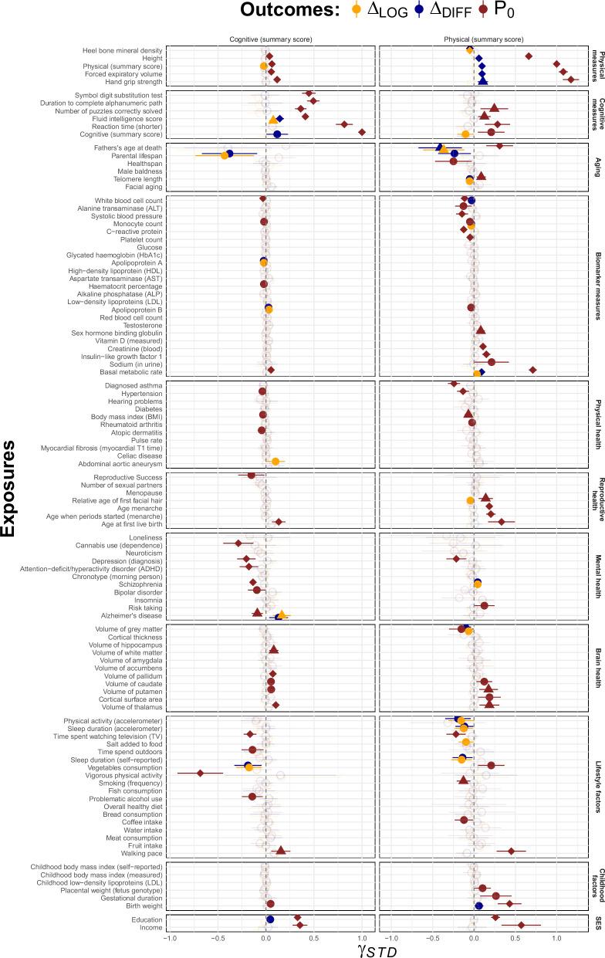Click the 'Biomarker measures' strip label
pos(596,283)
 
